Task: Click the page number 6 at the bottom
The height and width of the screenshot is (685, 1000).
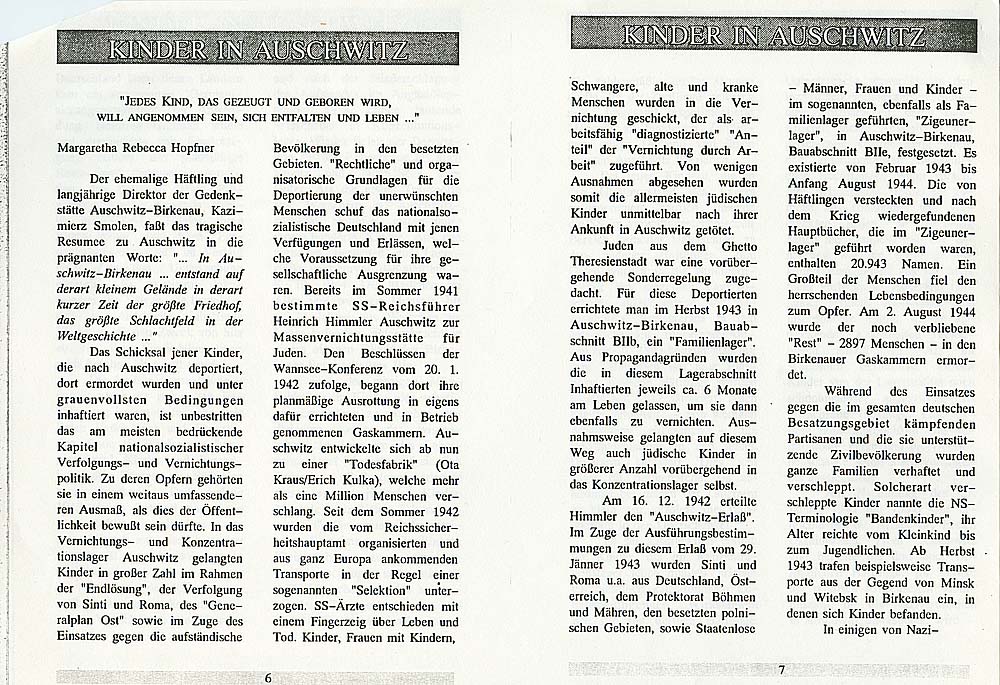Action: (268, 677)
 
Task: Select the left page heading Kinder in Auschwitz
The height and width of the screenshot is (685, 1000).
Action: (258, 48)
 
